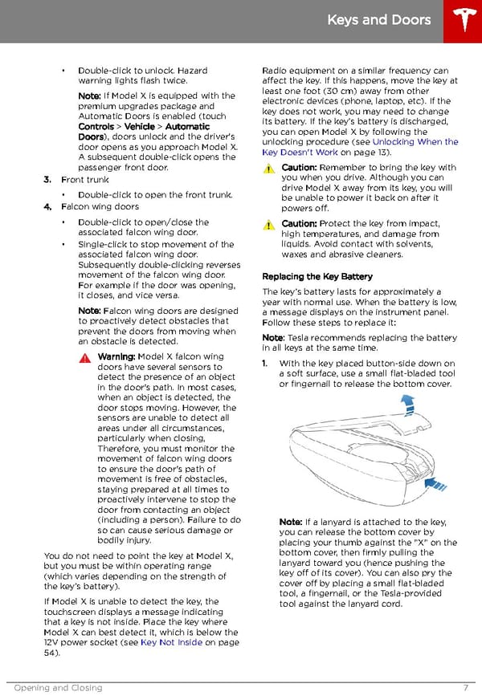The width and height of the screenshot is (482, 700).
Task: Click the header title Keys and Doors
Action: click(379, 20)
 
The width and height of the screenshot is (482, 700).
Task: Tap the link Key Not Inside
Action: click(170, 642)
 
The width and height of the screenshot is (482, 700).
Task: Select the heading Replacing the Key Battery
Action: click(317, 276)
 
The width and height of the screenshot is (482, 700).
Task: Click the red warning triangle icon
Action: click(85, 357)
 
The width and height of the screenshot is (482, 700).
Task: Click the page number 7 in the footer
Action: click(466, 688)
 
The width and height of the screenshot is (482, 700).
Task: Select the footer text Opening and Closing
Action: click(58, 688)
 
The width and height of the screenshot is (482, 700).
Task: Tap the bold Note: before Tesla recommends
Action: click(275, 338)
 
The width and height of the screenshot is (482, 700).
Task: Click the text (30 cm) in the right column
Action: click(323, 91)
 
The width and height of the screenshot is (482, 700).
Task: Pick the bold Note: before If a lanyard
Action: click(292, 522)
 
